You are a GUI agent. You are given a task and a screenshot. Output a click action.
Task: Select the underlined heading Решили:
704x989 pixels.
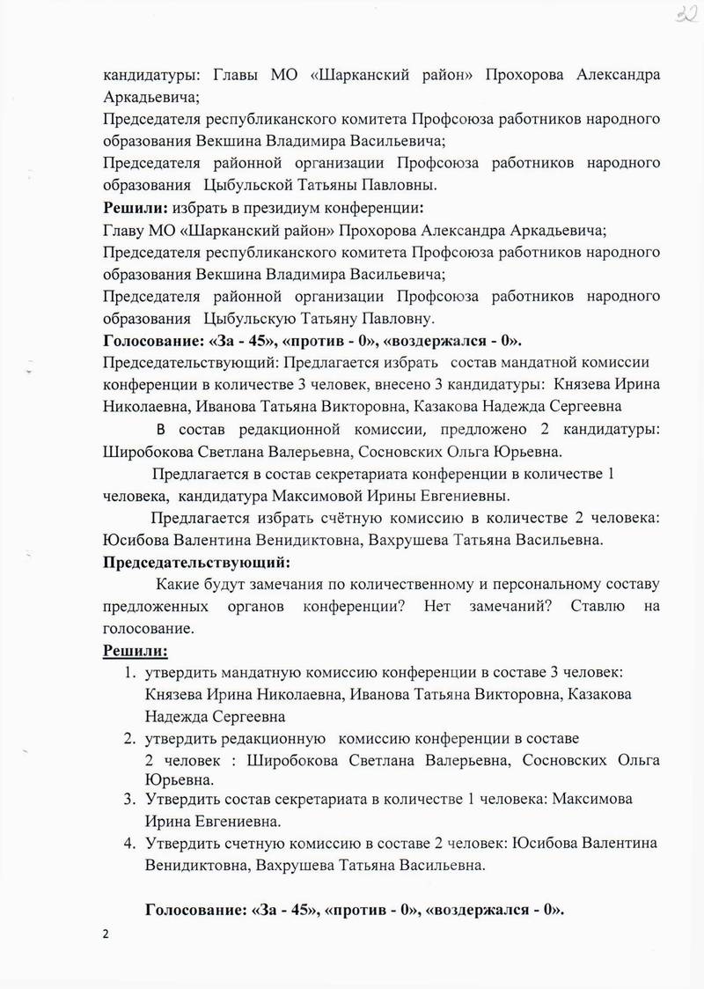pyautogui.click(x=136, y=651)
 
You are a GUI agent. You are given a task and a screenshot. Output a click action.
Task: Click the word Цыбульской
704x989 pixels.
pyautogui.click(x=250, y=185)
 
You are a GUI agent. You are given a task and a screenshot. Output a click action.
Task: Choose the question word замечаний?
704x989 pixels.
pyautogui.click(x=504, y=607)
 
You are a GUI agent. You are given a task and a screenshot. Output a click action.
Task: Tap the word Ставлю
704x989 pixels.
pyautogui.click(x=598, y=607)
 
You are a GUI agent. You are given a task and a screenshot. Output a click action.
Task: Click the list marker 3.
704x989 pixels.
pyautogui.click(x=128, y=798)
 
